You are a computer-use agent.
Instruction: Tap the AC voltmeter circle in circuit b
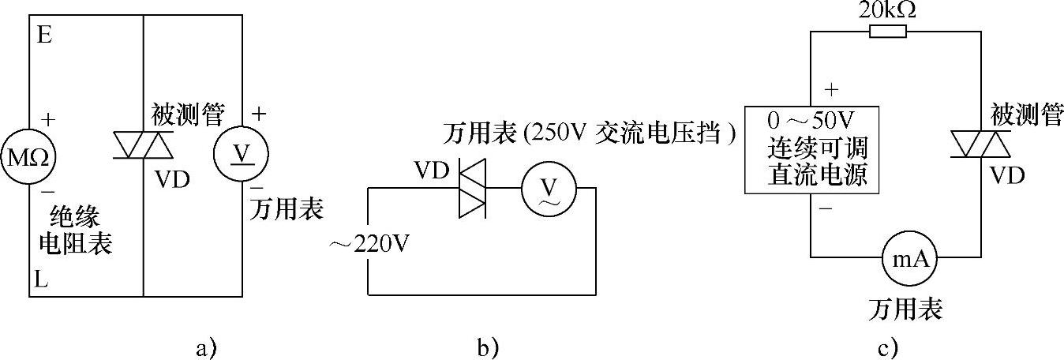[549, 187]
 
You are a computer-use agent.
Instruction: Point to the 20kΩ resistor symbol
[888, 32]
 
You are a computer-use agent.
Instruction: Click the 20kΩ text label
[887, 10]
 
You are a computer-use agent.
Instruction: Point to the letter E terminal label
[44, 36]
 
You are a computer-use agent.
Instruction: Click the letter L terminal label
[43, 279]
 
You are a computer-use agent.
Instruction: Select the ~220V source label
[369, 243]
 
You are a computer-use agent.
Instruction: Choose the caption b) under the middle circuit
[485, 347]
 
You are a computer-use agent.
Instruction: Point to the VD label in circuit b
[431, 170]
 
